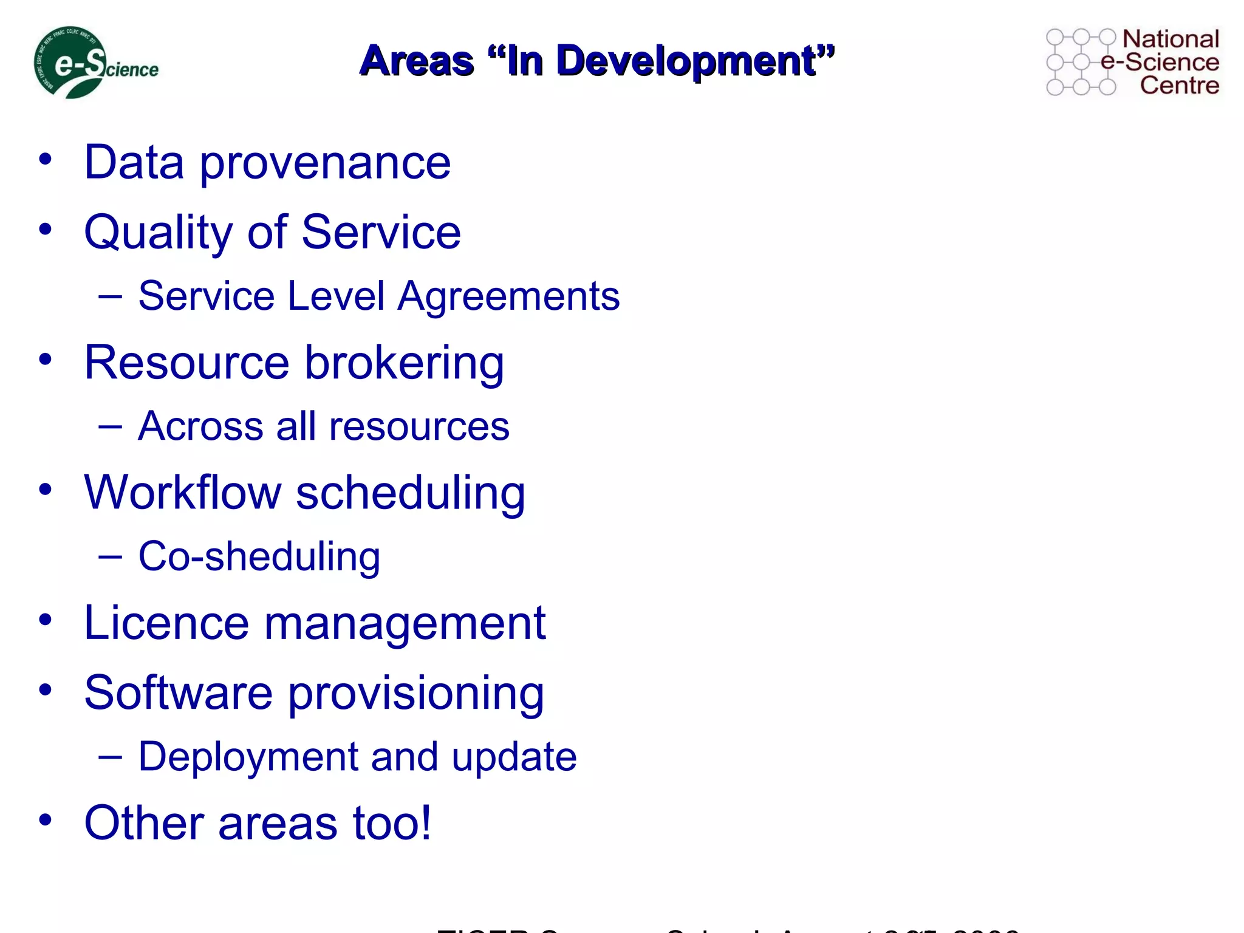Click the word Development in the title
[686, 61]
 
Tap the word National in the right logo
[1171, 39]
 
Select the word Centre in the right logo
[1179, 85]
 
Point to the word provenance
[325, 164]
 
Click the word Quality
[158, 233]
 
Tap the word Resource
[186, 363]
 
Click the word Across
[200, 426]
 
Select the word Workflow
[183, 493]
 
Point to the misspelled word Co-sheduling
[259, 557]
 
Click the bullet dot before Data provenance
[45, 160]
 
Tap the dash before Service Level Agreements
[110, 296]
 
